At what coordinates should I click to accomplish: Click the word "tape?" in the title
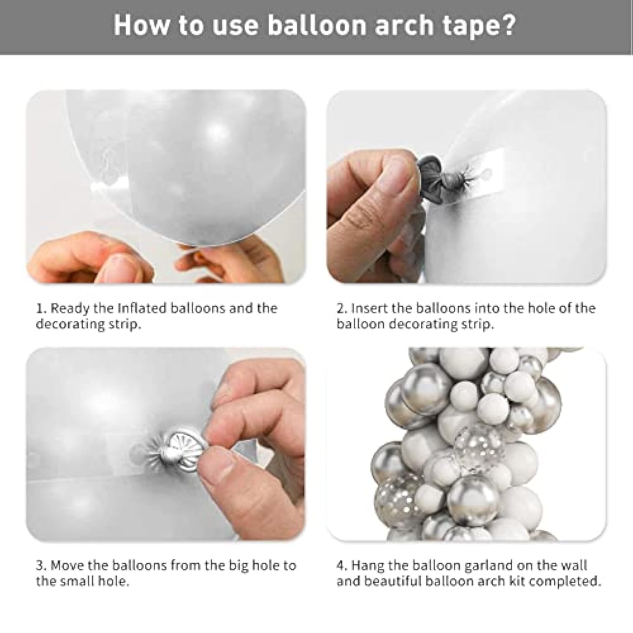tap(479, 25)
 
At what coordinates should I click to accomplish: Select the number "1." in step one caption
tap(41, 308)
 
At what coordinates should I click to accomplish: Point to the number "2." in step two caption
tap(342, 308)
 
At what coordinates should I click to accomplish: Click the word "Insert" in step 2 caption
tap(369, 308)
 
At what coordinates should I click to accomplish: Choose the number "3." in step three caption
tap(41, 565)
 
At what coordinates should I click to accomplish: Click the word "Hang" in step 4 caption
tap(366, 565)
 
